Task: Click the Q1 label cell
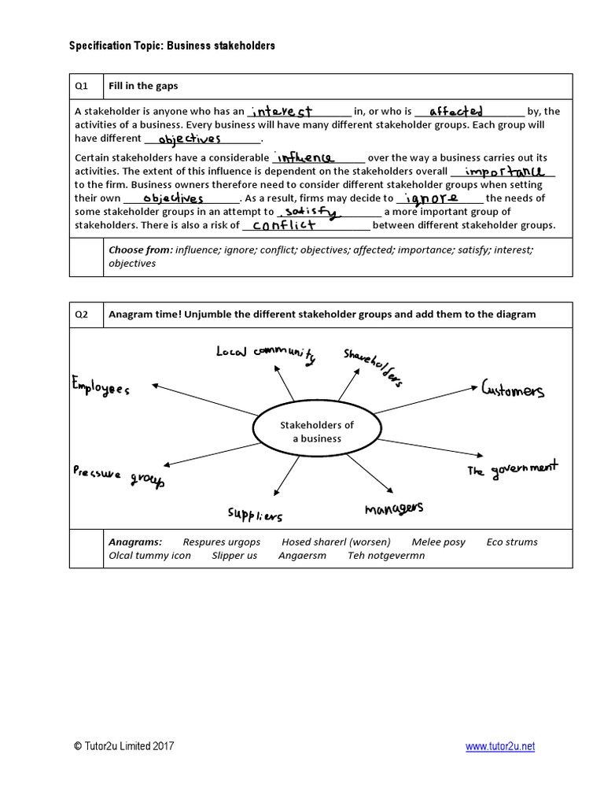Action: click(81, 86)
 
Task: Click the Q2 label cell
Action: click(81, 314)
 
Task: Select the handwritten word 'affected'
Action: click(456, 112)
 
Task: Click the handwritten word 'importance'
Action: click(504, 171)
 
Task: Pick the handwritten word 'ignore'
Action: click(429, 198)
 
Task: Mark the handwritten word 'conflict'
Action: click(284, 225)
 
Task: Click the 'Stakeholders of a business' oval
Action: click(317, 431)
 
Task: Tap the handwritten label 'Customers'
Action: click(512, 390)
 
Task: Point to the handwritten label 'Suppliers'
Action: click(255, 515)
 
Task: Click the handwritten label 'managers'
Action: click(394, 508)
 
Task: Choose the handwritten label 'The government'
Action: click(512, 469)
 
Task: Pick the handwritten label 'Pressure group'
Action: click(119, 475)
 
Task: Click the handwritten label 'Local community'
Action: click(265, 353)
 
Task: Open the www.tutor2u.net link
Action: click(499, 746)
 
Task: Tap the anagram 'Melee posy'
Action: click(438, 542)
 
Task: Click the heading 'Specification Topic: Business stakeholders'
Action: click(173, 46)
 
